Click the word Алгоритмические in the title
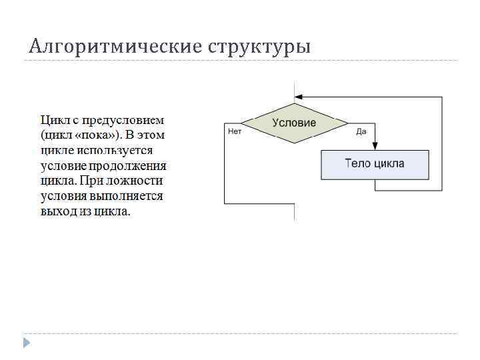pyautogui.click(x=115, y=47)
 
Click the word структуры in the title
pyautogui.click(x=259, y=47)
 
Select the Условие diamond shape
pyautogui.click(x=294, y=123)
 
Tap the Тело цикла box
pyautogui.click(x=374, y=164)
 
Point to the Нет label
pyautogui.click(x=235, y=131)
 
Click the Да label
pyautogui.click(x=361, y=131)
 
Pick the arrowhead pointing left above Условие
pyautogui.click(x=298, y=97)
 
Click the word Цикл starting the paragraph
pyautogui.click(x=55, y=121)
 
